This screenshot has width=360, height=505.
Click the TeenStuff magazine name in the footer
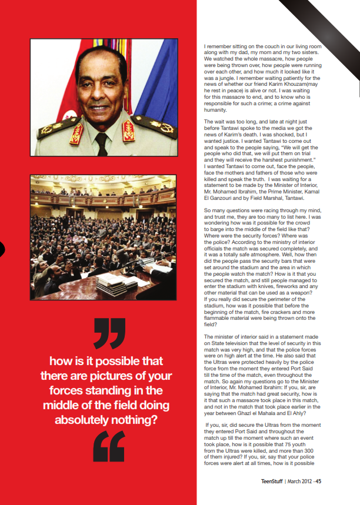tap(272, 481)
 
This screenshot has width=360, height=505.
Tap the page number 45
tap(318, 481)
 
